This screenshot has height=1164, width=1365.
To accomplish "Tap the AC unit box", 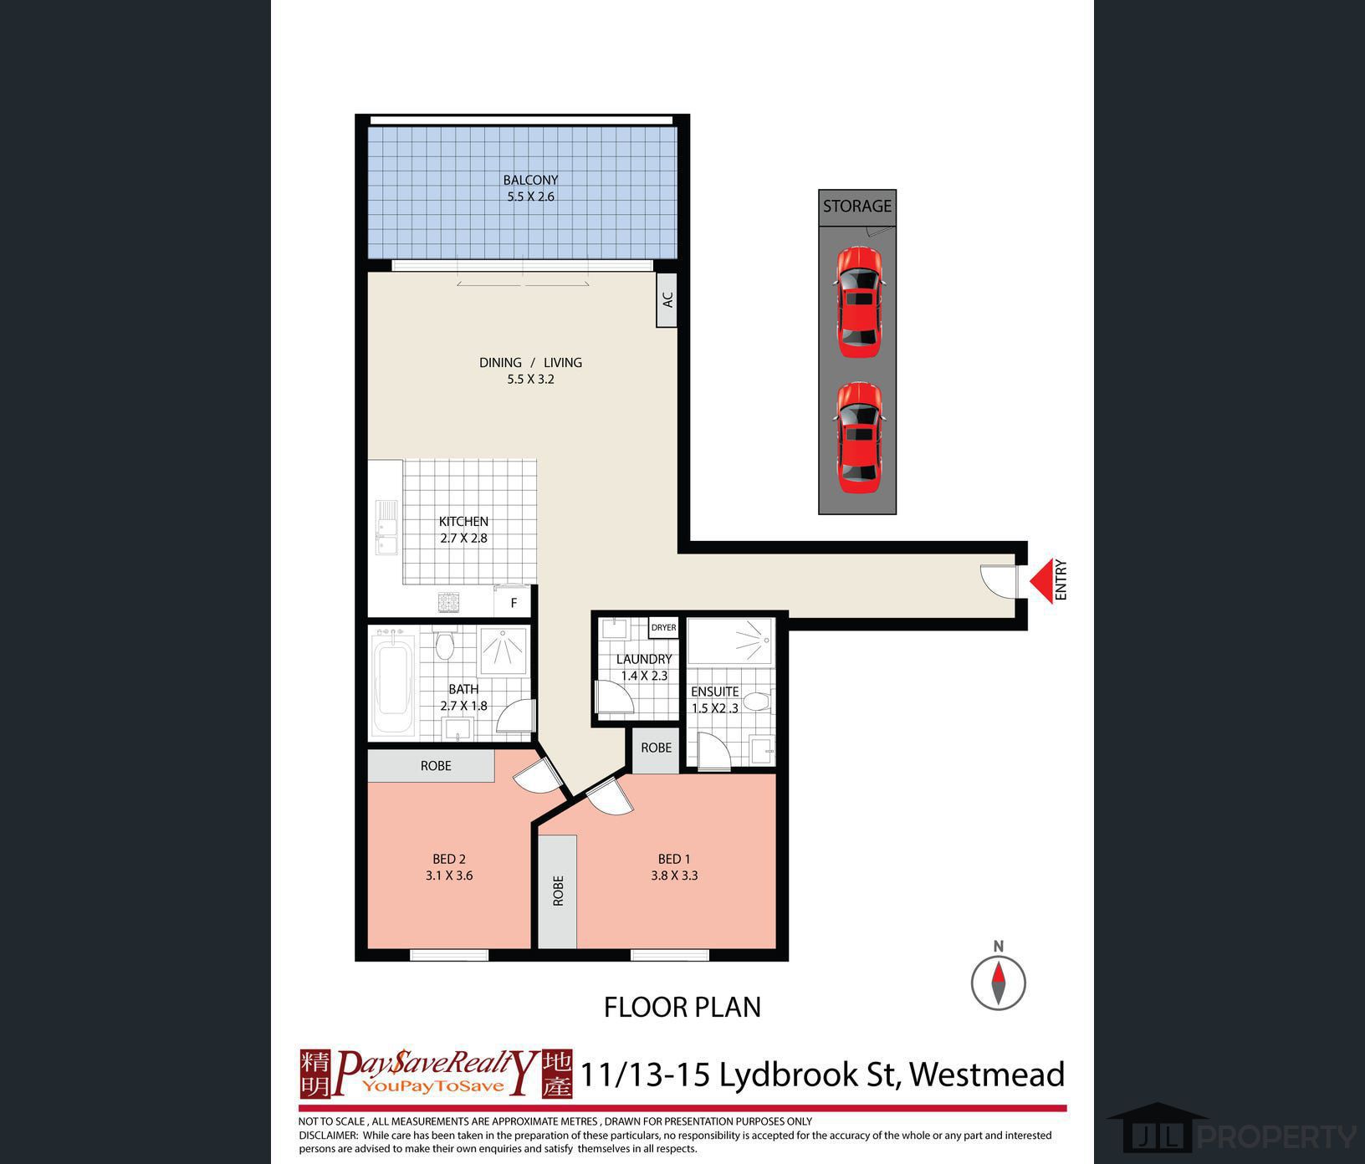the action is pos(667,299).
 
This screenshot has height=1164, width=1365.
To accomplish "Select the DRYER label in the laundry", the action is pos(663,627).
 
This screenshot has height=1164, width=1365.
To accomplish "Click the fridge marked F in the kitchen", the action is pos(514,602).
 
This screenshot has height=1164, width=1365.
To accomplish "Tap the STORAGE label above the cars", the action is pos(857,206).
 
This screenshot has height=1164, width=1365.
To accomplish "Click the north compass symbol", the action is pos(999,982).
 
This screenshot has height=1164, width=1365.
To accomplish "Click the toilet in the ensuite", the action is pos(755,701).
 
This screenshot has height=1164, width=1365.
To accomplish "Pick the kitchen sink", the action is pos(386,528).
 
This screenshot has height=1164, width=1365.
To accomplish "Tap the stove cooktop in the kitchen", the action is pos(449,601).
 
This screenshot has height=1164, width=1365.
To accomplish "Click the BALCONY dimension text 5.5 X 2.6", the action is pos(530,197).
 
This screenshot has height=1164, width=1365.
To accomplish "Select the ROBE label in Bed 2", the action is pos(436,766).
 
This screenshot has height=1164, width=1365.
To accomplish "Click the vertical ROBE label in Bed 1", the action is pos(558,891).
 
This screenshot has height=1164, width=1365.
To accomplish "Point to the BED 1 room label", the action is pos(674,860).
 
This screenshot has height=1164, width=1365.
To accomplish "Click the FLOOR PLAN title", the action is pos(682,1008).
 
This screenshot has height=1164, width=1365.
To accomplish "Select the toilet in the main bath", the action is pos(444,646).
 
